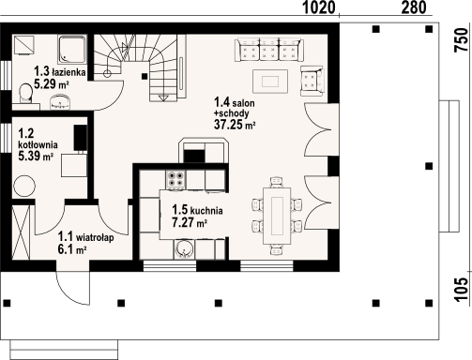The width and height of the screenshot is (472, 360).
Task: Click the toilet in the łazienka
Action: (x=25, y=93)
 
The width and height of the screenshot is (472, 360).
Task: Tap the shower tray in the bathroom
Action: (x=72, y=50)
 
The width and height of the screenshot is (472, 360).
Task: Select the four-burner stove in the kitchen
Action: (x=175, y=179)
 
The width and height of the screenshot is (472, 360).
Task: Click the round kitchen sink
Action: (x=184, y=249)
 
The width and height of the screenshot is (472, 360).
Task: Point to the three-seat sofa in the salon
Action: (x=269, y=49)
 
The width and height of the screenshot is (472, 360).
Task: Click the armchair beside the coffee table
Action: (x=312, y=81)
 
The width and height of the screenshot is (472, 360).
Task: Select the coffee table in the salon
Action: (x=270, y=82)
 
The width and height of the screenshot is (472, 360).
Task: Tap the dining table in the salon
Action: (x=277, y=216)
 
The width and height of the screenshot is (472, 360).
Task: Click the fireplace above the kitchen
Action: (x=204, y=150)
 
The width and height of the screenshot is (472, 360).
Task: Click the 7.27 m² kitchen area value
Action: (x=190, y=222)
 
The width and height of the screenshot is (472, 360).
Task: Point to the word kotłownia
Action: (x=38, y=145)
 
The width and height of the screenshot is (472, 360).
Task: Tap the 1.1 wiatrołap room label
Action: (x=85, y=237)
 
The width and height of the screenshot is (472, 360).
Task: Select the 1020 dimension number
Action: (x=319, y=7)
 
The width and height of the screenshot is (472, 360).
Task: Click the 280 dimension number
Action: (x=414, y=7)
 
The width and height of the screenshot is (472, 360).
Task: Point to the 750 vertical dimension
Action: (x=463, y=40)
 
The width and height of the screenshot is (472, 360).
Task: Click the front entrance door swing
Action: (x=73, y=288)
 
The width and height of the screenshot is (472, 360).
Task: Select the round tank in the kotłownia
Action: (x=24, y=186)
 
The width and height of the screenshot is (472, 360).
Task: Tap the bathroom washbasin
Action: (x=60, y=103)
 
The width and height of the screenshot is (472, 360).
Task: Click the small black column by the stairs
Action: (x=145, y=76)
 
